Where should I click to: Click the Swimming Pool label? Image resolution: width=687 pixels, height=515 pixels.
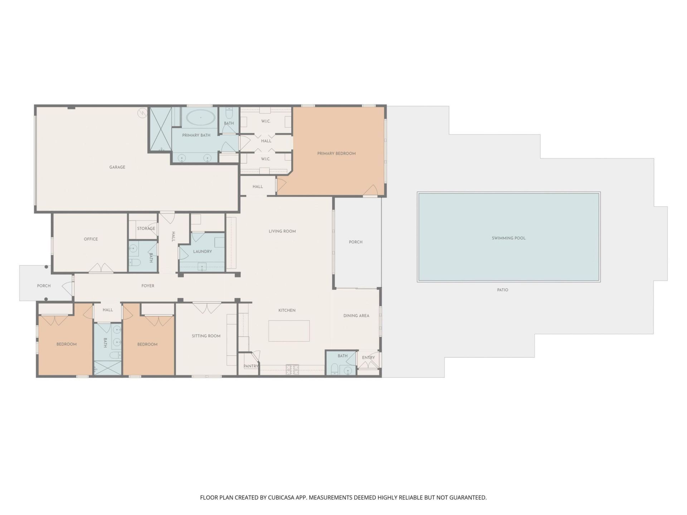pyautogui.click(x=508, y=238)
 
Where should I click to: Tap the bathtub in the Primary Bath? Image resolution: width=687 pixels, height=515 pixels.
pyautogui.click(x=201, y=117)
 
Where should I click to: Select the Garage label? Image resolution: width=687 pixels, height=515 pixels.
pyautogui.click(x=117, y=167)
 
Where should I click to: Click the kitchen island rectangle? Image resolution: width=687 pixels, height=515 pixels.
pyautogui.click(x=289, y=331)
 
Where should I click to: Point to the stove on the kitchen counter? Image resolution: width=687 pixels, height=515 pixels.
pyautogui.click(x=292, y=369)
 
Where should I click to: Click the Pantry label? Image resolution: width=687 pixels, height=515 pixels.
pyautogui.click(x=251, y=366)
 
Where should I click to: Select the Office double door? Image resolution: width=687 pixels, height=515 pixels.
pyautogui.click(x=101, y=268)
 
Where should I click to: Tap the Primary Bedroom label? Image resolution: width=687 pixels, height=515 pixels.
pyautogui.click(x=336, y=153)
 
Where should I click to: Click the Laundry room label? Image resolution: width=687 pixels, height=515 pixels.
pyautogui.click(x=203, y=251)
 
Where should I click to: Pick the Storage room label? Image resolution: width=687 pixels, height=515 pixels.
pyautogui.click(x=146, y=228)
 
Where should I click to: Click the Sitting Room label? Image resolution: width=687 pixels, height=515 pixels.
pyautogui.click(x=206, y=336)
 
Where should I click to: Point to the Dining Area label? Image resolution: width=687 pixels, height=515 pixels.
pyautogui.click(x=356, y=316)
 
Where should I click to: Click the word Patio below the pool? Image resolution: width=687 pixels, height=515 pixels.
pyautogui.click(x=502, y=290)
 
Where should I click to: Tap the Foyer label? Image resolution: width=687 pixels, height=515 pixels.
pyautogui.click(x=148, y=286)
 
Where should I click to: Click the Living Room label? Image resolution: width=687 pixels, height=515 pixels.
pyautogui.click(x=282, y=231)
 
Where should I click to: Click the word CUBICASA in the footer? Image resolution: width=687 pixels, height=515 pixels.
pyautogui.click(x=282, y=497)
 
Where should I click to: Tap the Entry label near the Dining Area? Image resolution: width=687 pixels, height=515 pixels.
pyautogui.click(x=368, y=358)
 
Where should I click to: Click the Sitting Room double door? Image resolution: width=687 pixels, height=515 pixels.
pyautogui.click(x=207, y=308)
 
